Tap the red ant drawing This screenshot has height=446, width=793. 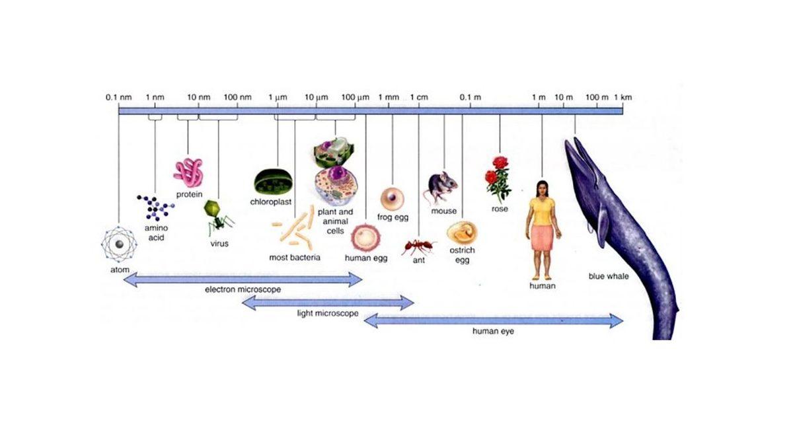418,246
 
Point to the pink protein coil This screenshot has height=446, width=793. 189,171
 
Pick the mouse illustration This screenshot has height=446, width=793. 441,187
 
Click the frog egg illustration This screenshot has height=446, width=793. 393,198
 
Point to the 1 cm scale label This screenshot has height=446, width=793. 419,98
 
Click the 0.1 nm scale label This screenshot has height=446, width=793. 119,98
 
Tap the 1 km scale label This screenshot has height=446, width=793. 623,98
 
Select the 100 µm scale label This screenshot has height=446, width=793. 355,98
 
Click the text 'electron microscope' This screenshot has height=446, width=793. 243,289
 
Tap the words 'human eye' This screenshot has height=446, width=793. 493,331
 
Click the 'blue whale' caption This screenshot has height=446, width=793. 608,276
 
